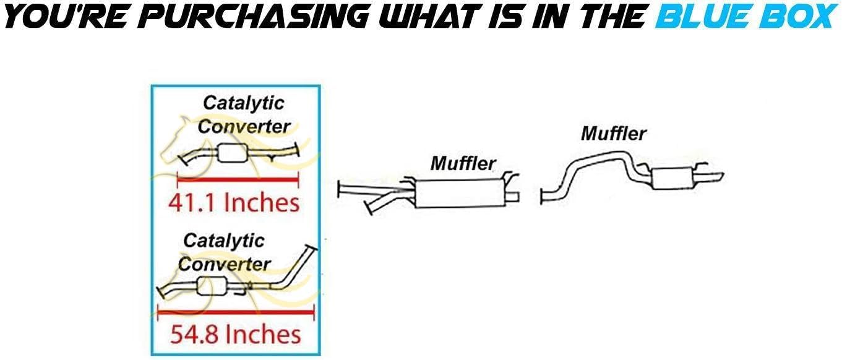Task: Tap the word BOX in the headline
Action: click(799, 17)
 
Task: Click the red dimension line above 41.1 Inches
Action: click(238, 181)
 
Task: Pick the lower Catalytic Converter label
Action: click(224, 252)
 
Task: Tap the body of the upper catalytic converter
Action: click(231, 153)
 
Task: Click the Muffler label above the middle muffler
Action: click(463, 163)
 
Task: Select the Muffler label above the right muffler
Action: click(613, 132)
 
